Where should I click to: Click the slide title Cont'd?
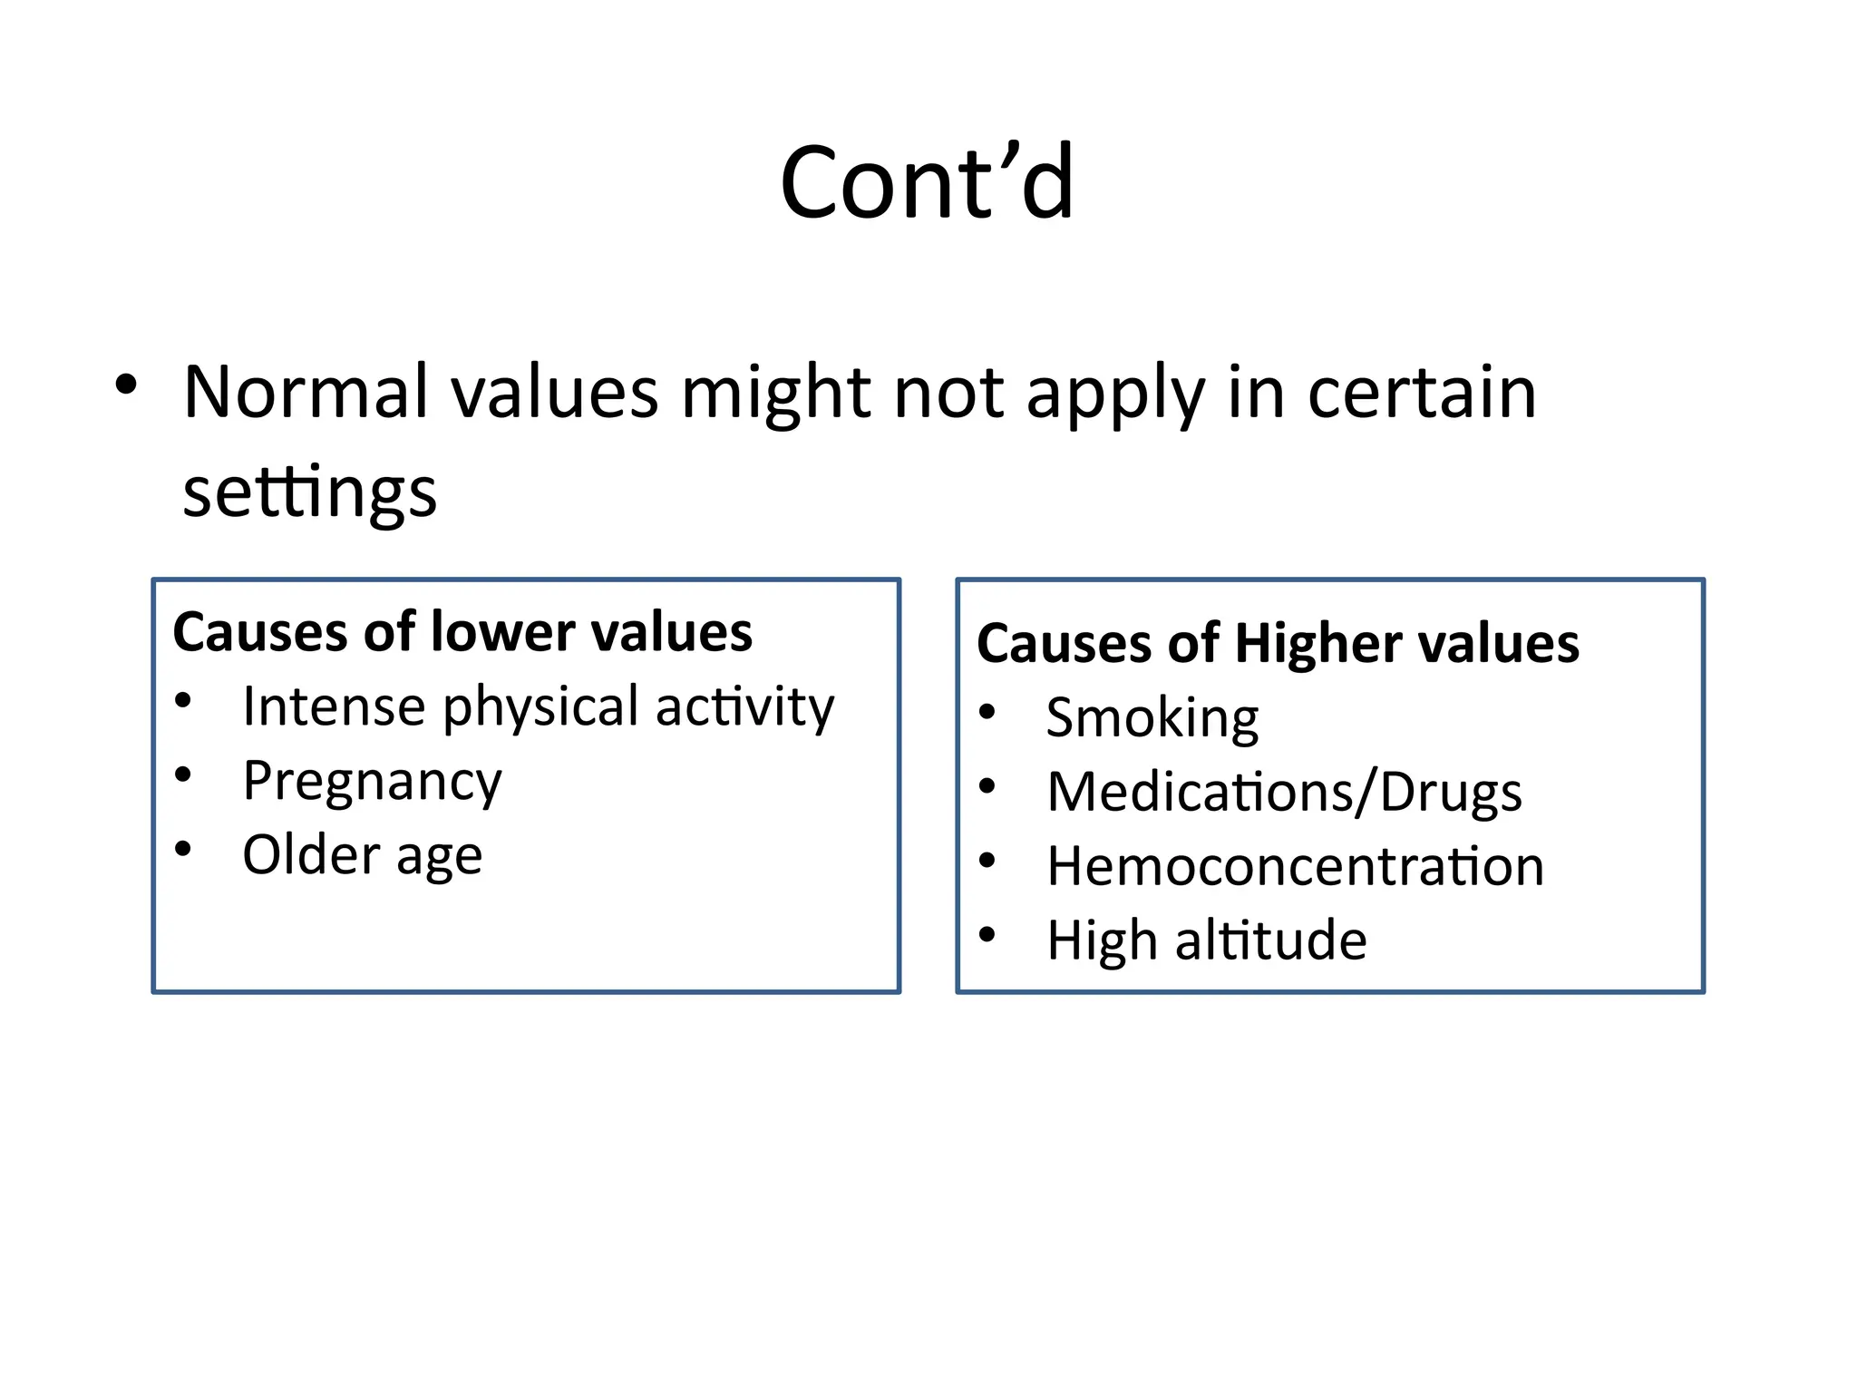[927, 184]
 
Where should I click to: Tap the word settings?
[310, 492]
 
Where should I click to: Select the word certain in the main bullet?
[1422, 393]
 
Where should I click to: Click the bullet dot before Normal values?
[126, 385]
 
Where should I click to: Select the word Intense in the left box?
[334, 706]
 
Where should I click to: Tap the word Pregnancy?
[372, 782]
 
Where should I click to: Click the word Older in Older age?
[311, 855]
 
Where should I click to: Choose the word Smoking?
[1152, 718]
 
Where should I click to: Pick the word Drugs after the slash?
[1451, 792]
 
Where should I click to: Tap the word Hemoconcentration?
[1295, 866]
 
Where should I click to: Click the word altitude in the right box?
[1270, 940]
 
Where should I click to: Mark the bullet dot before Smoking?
[987, 712]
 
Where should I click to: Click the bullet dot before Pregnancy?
[183, 774]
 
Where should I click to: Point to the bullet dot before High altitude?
[987, 934]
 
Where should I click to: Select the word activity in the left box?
[744, 706]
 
